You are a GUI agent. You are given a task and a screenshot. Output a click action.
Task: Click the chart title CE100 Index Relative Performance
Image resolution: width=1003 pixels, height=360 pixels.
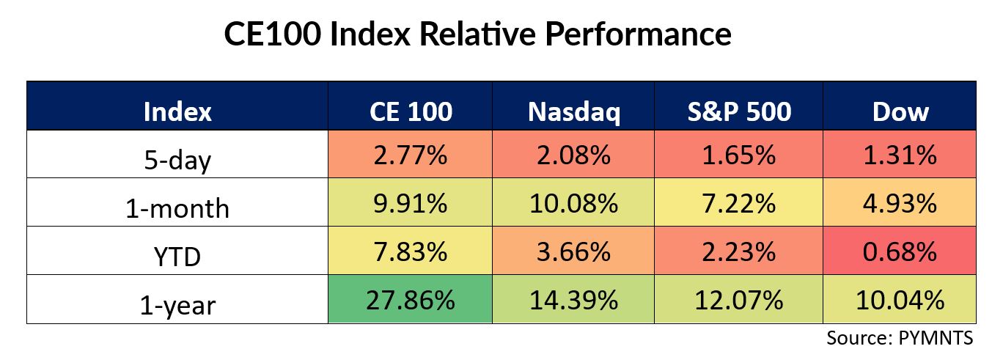point(477,34)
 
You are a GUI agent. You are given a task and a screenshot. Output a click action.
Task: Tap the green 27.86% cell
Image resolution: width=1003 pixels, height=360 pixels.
point(410,299)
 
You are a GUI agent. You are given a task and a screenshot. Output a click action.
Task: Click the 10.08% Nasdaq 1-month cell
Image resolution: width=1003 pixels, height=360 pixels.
point(573,202)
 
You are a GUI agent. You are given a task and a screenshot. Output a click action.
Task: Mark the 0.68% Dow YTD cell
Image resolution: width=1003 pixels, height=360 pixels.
point(900,251)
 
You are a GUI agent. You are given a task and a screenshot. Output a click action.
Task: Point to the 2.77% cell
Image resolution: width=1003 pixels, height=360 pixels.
point(410,155)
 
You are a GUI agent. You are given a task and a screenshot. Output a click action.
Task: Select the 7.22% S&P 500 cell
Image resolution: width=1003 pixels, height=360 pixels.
point(738,202)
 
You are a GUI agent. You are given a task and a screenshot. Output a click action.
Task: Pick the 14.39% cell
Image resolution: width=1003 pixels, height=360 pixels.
point(573,299)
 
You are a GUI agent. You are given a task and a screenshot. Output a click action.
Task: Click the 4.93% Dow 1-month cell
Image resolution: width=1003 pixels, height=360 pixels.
point(900,202)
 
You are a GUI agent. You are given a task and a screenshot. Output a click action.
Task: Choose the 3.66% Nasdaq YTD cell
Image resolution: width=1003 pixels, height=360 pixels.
point(573,251)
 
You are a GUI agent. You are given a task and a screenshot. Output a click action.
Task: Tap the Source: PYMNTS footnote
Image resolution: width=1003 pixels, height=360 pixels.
point(900,338)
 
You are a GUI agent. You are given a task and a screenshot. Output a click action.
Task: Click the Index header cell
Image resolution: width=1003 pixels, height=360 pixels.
point(177,106)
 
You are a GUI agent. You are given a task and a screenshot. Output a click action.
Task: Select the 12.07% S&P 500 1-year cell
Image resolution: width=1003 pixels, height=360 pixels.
point(738,299)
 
